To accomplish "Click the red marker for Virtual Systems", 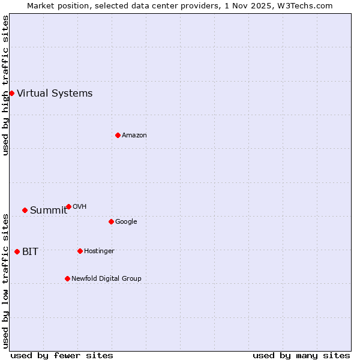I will pos(11,93).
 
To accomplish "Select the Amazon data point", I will pos(118,135).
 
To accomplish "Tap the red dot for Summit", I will pos(25,210).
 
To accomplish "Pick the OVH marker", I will pos(68,206).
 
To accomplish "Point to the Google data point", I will pos(111,221).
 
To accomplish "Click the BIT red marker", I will pos(17,251).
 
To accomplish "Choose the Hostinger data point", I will pos(80,251).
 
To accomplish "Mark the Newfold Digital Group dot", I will pos(67,278).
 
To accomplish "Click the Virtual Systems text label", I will pos(55,93).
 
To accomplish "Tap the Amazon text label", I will pos(134,135).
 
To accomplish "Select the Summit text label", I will pos(49,210).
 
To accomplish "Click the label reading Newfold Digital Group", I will pos(106,278).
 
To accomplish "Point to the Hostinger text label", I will pos(99,251).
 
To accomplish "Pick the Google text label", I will pos(126,221).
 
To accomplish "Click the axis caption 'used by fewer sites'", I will pos(62,355).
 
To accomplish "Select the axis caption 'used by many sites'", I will pos(301,355).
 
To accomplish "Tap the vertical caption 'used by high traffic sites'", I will pos(5,85).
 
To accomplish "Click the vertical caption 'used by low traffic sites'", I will pos(5,280).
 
